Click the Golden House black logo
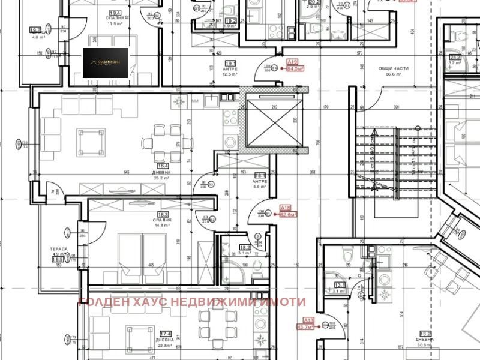coord(105,63)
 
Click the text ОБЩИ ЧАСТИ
coord(394,69)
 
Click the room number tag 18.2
coord(245,247)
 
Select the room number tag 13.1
coord(340,284)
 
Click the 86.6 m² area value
coord(394,76)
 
